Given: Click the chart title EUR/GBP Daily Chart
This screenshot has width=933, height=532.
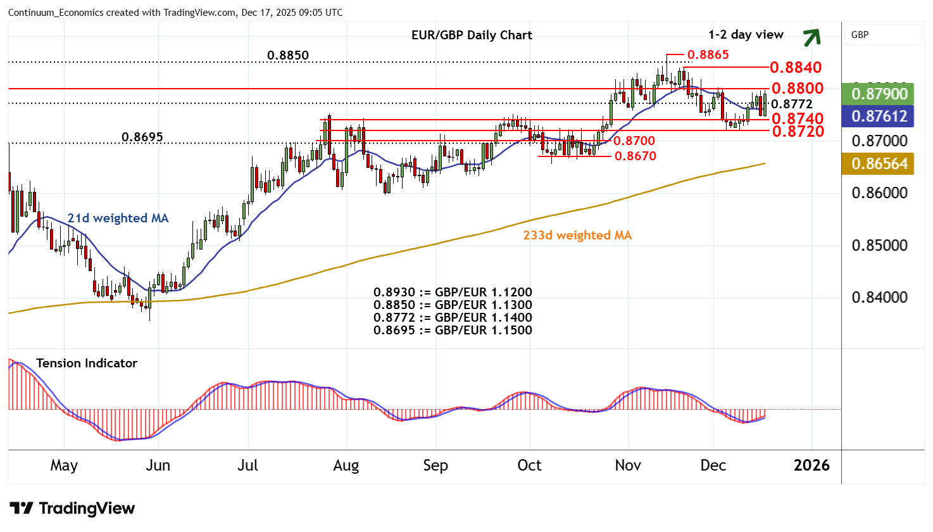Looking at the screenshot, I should [x=472, y=35].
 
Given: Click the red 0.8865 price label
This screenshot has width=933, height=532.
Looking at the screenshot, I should [x=708, y=55].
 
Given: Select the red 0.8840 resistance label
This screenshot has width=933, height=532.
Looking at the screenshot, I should [x=796, y=68].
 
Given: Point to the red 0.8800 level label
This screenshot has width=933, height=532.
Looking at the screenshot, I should [x=797, y=88].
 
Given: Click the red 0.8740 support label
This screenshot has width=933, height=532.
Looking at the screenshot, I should [x=797, y=118].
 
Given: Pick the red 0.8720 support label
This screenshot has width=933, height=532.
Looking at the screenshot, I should [x=797, y=131].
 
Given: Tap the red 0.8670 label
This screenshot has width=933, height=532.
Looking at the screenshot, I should [x=634, y=156].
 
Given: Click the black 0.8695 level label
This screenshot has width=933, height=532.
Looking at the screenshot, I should [x=142, y=137].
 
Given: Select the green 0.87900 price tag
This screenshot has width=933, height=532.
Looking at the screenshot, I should [x=879, y=94].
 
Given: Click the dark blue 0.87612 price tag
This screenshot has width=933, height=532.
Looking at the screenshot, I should [x=879, y=117].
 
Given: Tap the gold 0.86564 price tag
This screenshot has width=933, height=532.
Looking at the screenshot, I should [x=879, y=164].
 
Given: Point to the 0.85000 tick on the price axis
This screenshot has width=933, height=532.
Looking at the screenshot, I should [x=879, y=246].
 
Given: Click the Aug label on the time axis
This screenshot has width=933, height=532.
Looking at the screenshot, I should [x=346, y=465].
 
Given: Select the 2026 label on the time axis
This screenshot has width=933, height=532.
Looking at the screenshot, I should [x=811, y=465].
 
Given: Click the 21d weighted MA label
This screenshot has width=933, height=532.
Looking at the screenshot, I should [x=118, y=218].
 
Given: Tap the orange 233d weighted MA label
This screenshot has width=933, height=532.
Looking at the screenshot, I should [x=577, y=236].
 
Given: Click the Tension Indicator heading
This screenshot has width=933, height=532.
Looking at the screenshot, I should [x=87, y=363].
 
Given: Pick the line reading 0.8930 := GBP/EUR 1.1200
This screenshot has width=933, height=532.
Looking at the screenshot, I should [x=453, y=293].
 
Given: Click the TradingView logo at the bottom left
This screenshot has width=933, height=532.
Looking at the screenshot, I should [x=73, y=509].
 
